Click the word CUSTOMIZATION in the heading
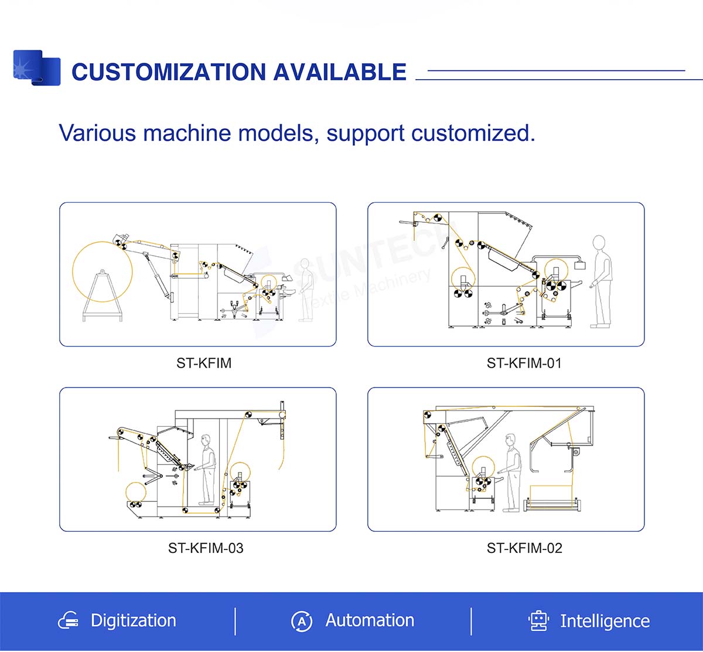[x=168, y=72]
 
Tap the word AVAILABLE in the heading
[x=339, y=72]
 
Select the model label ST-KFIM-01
[x=524, y=364]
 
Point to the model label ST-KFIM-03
[x=206, y=548]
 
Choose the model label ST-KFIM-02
[x=524, y=548]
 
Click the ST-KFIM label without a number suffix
[x=204, y=364]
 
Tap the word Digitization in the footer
[x=133, y=621]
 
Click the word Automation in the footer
[x=370, y=620]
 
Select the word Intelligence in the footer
[x=605, y=622]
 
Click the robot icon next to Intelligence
[x=538, y=621]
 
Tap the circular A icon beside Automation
[x=302, y=621]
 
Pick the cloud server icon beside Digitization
[x=69, y=621]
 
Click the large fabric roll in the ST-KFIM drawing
[x=103, y=271]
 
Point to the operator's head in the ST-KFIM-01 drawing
[x=598, y=243]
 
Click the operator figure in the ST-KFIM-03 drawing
[x=206, y=469]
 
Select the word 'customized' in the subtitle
[x=473, y=133]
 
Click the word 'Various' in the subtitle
[x=97, y=133]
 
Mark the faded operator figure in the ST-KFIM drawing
[x=305, y=290]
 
